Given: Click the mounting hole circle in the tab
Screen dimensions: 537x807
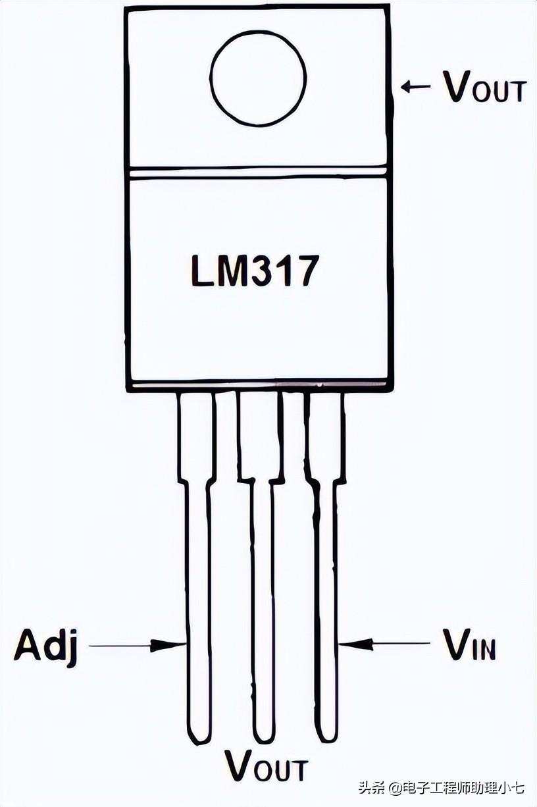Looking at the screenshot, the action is tap(258, 78).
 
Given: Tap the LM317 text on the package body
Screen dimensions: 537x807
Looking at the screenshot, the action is tap(255, 271).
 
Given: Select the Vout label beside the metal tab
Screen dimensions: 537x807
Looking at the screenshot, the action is tap(484, 87).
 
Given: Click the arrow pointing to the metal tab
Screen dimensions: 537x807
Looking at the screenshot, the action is tap(415, 86).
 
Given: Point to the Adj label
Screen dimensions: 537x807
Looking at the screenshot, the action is tap(46, 647).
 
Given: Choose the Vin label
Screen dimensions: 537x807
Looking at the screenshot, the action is tap(469, 645).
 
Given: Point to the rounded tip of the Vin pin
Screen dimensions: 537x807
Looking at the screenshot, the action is tap(327, 734).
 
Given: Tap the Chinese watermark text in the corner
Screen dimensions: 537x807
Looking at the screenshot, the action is tap(441, 787).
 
